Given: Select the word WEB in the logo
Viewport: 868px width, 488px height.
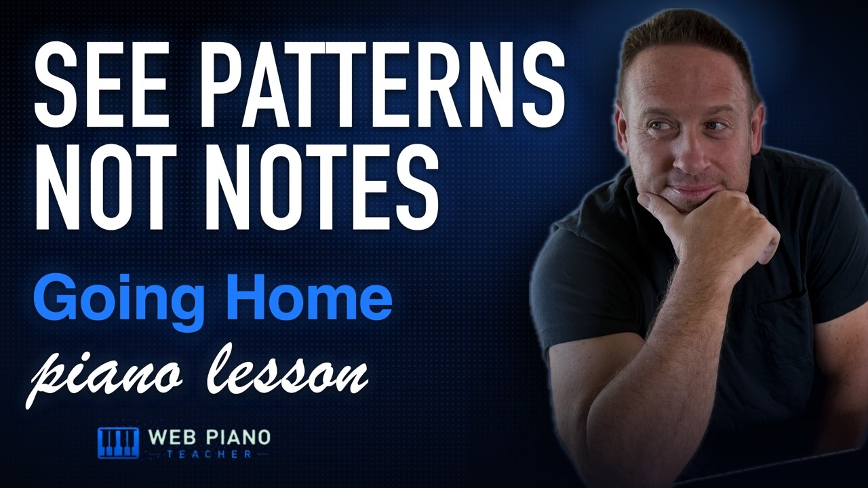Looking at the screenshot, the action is click(x=170, y=438).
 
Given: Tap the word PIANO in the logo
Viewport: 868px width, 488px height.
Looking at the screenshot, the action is click(x=235, y=438).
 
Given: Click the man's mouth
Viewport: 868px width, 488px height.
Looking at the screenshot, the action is click(x=694, y=190).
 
